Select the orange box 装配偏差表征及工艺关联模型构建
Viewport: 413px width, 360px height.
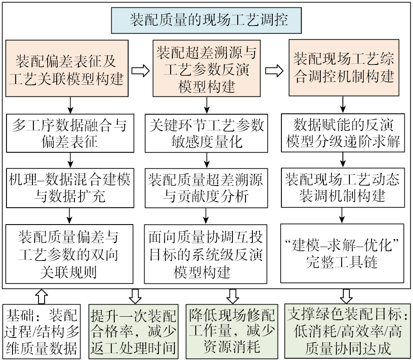click(67, 68)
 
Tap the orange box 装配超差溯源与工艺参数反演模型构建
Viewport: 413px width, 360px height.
click(206, 68)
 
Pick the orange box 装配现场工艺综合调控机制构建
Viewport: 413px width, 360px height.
click(344, 68)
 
